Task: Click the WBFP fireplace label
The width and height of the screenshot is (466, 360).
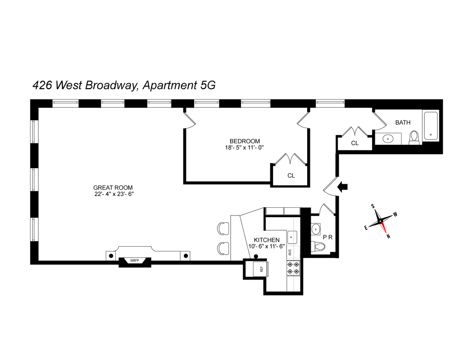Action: click(x=134, y=261)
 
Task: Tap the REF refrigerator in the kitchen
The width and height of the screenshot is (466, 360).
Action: click(x=261, y=269)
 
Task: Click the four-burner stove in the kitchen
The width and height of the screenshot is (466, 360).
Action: click(x=293, y=268)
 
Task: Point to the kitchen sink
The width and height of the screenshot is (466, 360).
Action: click(x=292, y=237)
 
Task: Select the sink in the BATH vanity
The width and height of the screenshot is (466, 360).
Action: click(x=388, y=139)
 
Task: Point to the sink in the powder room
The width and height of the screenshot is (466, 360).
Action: click(x=315, y=229)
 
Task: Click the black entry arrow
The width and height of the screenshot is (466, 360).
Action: click(x=342, y=187)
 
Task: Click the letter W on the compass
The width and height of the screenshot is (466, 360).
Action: click(x=395, y=214)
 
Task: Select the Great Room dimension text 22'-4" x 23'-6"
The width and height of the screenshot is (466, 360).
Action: click(x=114, y=194)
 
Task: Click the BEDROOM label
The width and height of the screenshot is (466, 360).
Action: click(x=245, y=141)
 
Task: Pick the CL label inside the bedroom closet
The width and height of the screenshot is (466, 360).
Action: click(x=291, y=176)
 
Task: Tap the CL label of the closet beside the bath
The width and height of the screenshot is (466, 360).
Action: click(x=355, y=143)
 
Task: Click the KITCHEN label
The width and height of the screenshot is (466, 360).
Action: click(x=266, y=240)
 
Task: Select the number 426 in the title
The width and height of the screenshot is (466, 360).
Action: click(x=42, y=85)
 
